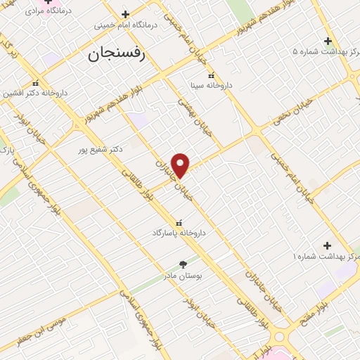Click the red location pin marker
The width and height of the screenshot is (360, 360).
tap(181, 165)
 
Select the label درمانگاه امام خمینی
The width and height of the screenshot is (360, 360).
tap(126, 25)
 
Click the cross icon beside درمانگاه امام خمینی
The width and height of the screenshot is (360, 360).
tap(125, 14)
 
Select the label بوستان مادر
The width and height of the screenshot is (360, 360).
tap(183, 276)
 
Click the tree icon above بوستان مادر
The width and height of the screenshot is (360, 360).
tap(183, 265)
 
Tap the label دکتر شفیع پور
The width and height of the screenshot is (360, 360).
tap(101, 149)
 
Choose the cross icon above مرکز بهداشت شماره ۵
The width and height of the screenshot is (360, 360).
tap(328, 40)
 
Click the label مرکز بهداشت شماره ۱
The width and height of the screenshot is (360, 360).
tap(325, 257)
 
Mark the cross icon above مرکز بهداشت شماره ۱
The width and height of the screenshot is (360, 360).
tap(327, 245)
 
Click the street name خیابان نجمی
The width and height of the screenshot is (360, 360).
tap(292, 113)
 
